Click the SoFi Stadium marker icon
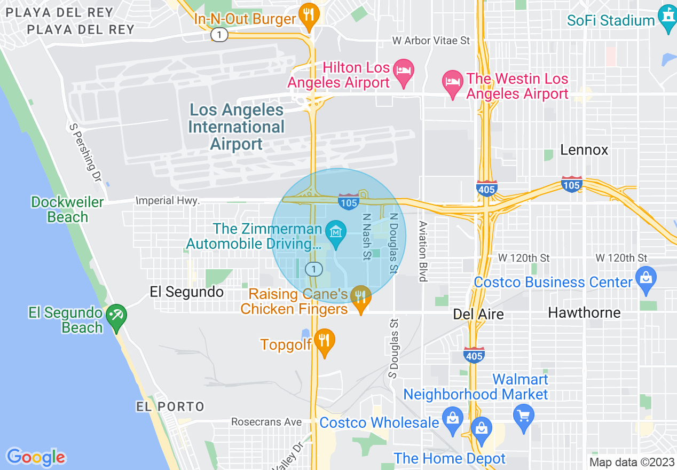(667, 19)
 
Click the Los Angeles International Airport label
(237, 127)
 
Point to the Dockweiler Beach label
(67, 209)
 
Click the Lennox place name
(584, 150)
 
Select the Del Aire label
(478, 314)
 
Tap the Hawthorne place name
(584, 312)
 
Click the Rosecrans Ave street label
(266, 422)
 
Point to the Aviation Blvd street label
(423, 251)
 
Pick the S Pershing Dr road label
(85, 152)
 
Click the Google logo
(36, 457)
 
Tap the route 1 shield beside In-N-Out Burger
(219, 35)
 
